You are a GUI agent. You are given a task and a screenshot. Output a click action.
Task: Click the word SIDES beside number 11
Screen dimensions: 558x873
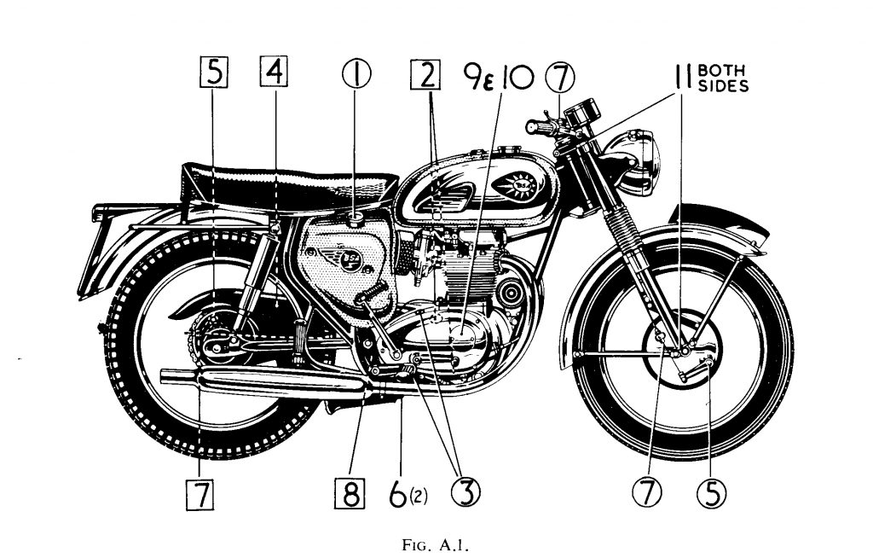[x=723, y=86]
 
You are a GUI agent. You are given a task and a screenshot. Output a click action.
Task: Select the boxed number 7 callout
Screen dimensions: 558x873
[x=198, y=494]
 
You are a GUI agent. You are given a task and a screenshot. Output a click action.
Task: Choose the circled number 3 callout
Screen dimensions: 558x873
[x=465, y=492]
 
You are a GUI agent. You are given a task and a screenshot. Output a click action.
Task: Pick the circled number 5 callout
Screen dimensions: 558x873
[x=713, y=492]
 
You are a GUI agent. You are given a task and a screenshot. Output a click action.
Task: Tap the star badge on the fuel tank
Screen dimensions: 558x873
[x=518, y=182]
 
